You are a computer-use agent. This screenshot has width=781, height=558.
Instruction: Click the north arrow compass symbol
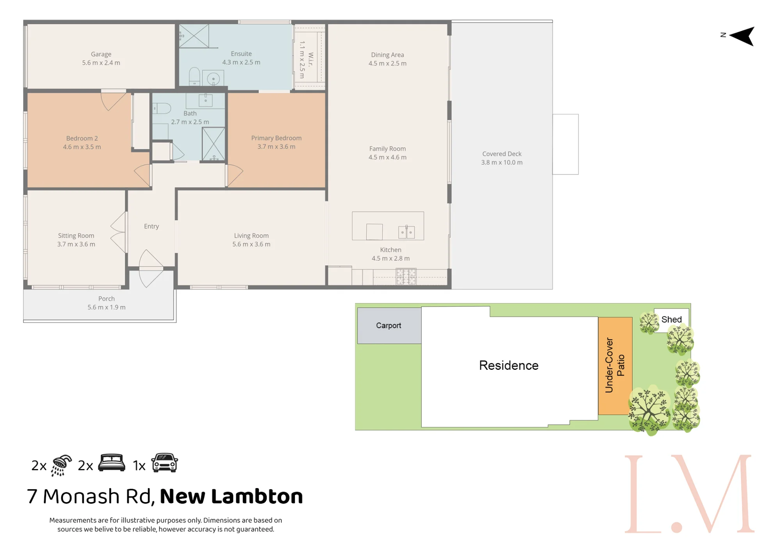point(742,36)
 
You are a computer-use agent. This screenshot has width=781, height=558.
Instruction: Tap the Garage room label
point(101,54)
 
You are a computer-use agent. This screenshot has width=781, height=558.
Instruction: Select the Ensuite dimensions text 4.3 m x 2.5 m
point(241,62)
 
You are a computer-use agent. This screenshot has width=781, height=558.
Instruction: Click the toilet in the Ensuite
point(194,77)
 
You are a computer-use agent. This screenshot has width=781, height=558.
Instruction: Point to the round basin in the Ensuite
point(213,79)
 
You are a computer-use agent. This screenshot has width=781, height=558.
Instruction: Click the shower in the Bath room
point(213,144)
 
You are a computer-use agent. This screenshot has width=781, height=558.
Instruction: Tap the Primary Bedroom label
point(276,138)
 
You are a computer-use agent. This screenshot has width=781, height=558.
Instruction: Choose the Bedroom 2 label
point(82,139)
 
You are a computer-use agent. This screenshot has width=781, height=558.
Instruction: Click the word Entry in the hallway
point(152,226)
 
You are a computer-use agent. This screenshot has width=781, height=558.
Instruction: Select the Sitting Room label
point(76,236)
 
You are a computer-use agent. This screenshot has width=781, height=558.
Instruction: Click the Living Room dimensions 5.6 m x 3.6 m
point(251,244)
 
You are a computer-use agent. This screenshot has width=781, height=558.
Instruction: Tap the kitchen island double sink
point(406,232)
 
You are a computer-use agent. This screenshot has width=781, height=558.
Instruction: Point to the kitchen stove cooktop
point(406,276)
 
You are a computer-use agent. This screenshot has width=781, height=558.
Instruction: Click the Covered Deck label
point(502,154)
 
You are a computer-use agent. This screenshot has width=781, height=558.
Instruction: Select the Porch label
point(107,299)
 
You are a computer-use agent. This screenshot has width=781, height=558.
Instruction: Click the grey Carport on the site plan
point(389,326)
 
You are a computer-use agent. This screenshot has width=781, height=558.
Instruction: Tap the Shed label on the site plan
point(671,319)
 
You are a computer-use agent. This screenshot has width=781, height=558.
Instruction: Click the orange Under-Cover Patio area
point(615,366)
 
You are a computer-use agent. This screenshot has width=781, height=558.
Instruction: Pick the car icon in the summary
point(165,464)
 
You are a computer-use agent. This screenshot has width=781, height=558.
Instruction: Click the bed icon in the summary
point(112,463)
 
